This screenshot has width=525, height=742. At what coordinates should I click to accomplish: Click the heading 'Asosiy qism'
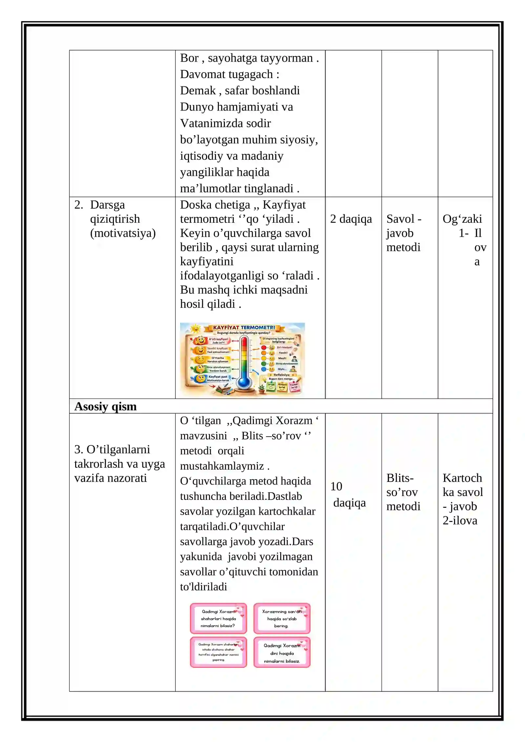click(105, 406)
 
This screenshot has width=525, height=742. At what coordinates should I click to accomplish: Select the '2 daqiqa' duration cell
click(351, 219)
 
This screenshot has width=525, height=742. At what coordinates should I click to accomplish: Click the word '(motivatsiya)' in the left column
click(123, 233)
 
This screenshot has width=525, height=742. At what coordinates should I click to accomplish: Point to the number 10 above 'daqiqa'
click(336, 486)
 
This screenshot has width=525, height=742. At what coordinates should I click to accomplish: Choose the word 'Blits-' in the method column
click(400, 478)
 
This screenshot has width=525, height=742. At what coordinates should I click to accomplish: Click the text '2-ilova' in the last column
click(460, 521)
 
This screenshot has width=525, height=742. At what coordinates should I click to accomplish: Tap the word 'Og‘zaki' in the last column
click(462, 219)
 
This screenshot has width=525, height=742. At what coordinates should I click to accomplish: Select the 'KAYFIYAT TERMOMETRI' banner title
click(244, 327)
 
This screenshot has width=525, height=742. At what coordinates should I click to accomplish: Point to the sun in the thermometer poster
click(196, 328)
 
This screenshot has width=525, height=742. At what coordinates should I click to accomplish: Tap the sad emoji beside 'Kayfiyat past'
click(200, 379)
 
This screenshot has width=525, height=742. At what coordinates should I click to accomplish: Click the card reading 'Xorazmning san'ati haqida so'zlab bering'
click(282, 619)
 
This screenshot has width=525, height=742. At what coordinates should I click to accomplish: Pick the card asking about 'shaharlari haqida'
click(218, 619)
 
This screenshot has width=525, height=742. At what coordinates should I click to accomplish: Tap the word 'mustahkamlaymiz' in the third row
click(222, 466)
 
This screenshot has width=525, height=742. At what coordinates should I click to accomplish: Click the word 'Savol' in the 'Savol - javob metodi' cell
click(400, 219)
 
